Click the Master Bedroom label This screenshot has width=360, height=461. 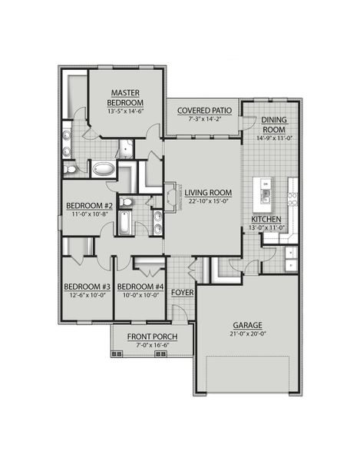pos(124,98)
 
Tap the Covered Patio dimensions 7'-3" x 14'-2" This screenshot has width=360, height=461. pos(203,120)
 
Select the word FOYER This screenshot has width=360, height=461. pos(181,293)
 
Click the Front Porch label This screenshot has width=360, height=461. pos(152,337)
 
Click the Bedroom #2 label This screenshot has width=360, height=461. pos(89,206)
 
